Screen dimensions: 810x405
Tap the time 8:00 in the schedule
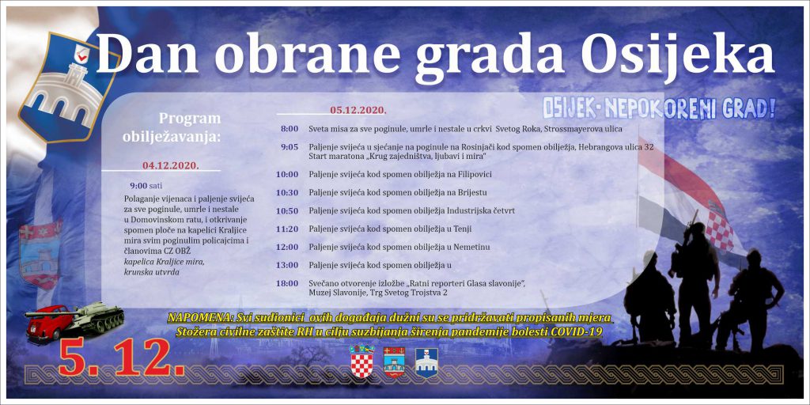(289, 129)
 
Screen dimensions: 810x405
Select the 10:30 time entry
(286, 193)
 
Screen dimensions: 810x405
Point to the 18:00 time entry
(286, 283)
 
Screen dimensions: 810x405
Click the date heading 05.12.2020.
(358, 110)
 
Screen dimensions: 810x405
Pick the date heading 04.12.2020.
(171, 165)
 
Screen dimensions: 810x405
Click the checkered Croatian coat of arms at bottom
(361, 361)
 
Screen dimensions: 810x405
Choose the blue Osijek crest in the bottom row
(426, 362)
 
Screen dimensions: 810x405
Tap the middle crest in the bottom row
(394, 362)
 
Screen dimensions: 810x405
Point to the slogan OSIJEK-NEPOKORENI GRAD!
(659, 108)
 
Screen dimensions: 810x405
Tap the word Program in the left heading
(190, 119)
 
